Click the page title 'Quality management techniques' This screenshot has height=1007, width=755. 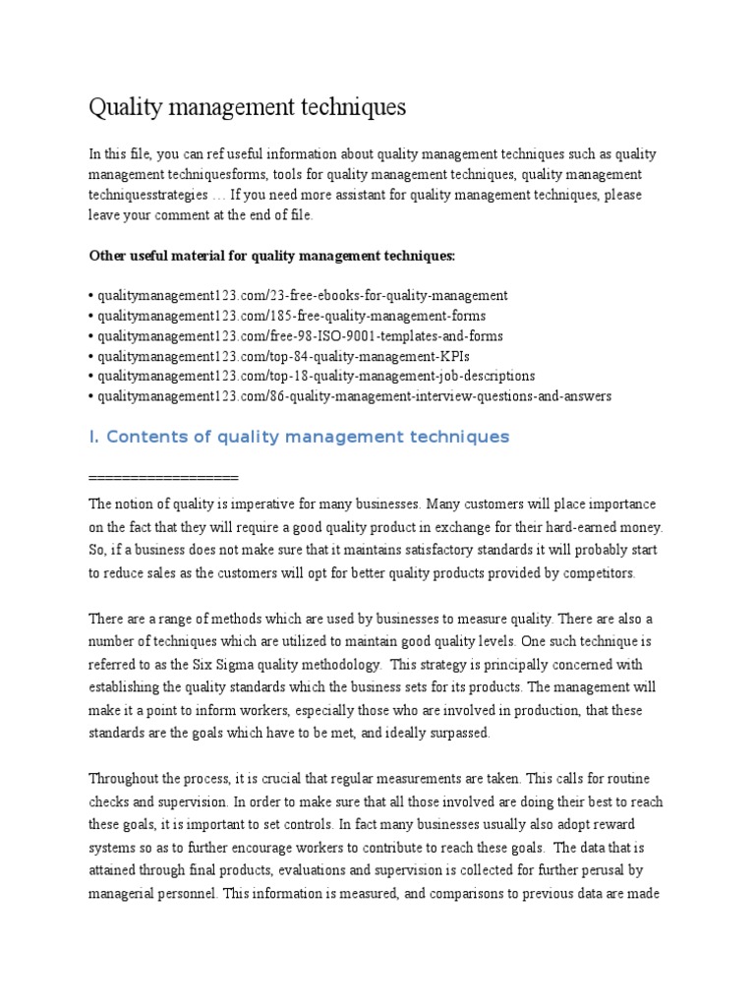247,106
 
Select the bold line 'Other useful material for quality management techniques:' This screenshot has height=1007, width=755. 272,256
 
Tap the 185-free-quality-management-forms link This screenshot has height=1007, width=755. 291,316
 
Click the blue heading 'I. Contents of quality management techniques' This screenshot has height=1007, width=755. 299,437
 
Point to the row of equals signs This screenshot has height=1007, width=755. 163,478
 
